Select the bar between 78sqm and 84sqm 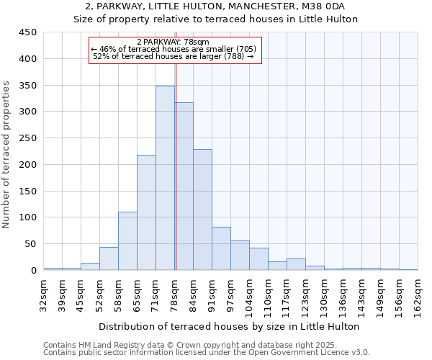click(x=184, y=186)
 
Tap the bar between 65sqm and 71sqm click(x=146, y=212)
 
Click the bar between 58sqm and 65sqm click(x=127, y=240)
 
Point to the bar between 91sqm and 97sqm click(x=221, y=248)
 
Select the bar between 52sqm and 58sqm click(x=109, y=258)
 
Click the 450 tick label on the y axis click(x=28, y=32)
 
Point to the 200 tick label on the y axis click(x=28, y=165)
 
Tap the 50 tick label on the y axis click(x=31, y=244)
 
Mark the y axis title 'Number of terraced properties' click(x=6, y=155)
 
